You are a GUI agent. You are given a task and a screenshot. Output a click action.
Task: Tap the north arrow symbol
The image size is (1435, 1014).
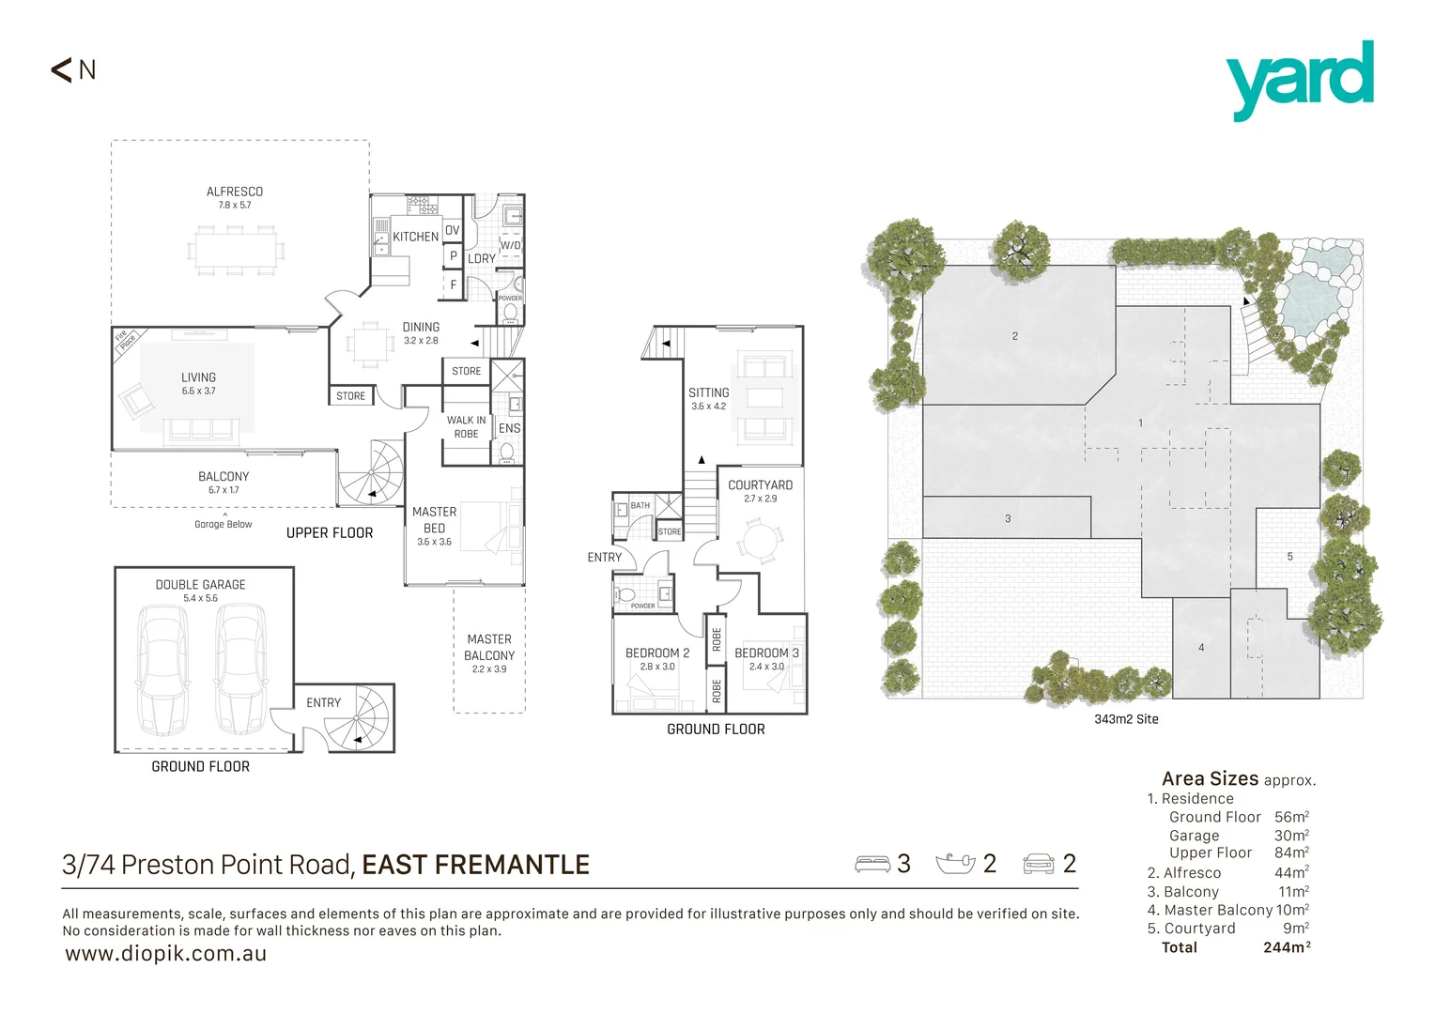point(63,69)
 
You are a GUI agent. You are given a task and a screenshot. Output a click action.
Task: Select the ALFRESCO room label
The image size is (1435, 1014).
point(235,192)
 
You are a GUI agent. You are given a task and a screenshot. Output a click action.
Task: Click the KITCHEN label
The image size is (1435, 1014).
point(415,237)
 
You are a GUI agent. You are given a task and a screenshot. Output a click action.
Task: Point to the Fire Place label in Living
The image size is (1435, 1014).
point(125,341)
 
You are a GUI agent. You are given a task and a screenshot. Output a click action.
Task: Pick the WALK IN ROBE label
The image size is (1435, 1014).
point(467,427)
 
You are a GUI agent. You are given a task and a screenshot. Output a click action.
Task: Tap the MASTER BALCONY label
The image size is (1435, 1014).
point(489,647)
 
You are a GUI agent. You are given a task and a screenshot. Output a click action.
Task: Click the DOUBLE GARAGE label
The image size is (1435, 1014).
point(200,584)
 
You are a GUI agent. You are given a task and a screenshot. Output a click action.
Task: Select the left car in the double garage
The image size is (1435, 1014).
point(162,669)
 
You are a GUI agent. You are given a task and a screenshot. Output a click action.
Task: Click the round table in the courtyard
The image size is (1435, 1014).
point(760,543)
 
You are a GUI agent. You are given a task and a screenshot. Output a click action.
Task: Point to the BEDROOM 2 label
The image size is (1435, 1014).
point(657,653)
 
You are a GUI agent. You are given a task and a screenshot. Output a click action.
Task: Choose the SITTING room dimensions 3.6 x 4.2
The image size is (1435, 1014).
point(708,407)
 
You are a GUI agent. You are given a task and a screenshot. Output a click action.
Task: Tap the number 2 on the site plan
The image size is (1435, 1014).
point(1014,336)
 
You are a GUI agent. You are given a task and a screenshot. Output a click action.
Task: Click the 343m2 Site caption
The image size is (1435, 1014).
point(1126,719)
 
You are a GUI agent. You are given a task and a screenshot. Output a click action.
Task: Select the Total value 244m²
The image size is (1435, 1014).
point(1287,947)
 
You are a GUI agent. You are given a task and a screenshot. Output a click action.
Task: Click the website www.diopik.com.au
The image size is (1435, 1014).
point(166,954)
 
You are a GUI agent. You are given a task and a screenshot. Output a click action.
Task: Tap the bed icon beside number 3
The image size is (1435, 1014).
point(872,864)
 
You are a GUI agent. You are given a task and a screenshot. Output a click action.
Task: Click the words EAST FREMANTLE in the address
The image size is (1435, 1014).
point(475,865)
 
